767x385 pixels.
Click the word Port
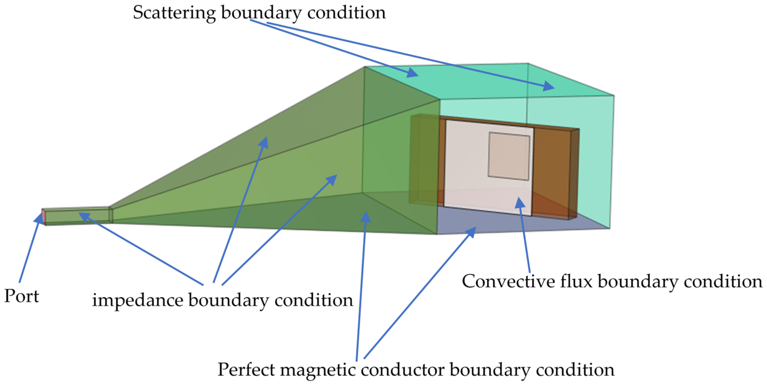point(22,296)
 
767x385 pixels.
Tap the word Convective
point(508,282)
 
